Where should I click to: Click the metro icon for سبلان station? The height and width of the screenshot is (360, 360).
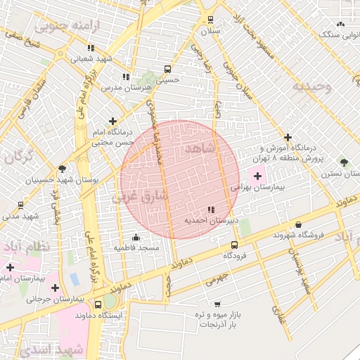210,20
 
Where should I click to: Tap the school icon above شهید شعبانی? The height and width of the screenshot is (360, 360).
91,48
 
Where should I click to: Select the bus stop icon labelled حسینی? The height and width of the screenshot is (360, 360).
167,69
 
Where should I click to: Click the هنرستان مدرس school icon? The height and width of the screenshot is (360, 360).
126,77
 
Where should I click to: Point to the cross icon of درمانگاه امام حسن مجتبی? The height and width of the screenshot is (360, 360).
113,122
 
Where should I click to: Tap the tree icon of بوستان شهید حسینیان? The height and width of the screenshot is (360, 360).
63,169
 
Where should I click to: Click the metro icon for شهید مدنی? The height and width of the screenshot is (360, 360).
20,205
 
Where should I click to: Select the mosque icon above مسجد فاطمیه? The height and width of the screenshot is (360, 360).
137,237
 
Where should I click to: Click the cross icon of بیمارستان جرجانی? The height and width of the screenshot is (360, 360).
55,287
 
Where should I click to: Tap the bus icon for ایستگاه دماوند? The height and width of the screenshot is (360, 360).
98,304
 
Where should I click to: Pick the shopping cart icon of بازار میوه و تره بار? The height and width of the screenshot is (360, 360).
217,304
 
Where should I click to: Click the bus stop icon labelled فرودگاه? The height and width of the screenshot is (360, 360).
234,245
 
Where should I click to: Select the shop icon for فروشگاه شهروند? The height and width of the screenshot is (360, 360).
299,224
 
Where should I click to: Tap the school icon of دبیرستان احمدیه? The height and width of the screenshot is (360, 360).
212,210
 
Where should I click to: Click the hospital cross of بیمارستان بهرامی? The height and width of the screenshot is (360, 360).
257,176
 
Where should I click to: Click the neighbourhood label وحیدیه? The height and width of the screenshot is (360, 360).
311,86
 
